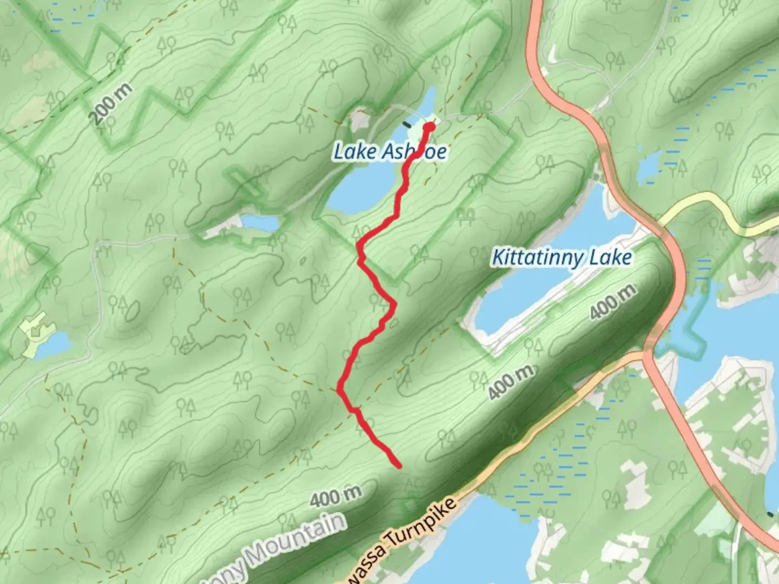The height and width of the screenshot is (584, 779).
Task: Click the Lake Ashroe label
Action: pos(389,151)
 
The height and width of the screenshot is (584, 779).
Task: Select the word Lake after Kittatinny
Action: pos(610,257)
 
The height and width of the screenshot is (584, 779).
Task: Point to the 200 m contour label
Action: pos(110,104)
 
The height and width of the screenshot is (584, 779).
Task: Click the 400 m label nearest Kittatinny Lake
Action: pos(612,302)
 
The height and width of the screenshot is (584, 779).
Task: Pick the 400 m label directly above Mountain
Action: pos(335,496)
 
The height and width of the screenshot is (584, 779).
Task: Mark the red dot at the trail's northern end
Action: pos(430,127)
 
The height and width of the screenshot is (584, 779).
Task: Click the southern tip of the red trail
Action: pos(399,465)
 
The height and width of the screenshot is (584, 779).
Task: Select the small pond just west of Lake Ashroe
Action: pos(260,222)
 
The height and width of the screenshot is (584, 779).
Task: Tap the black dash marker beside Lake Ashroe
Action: pos(407,124)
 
